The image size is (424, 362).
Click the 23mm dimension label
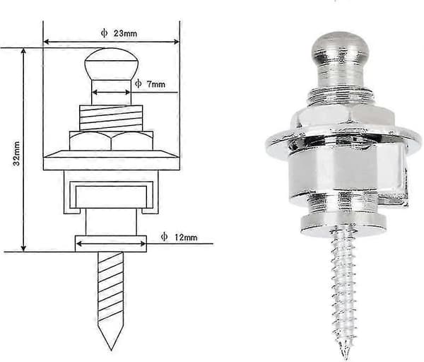(125, 33)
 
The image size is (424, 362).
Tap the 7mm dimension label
(155, 84)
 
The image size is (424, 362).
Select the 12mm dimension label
(186, 238)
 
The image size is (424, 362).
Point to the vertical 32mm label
(16, 153)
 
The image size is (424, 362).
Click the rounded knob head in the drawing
(112, 64)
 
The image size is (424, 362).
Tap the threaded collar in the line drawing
(111, 118)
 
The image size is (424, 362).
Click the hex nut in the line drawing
(111, 141)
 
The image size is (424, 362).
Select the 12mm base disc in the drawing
(111, 244)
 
